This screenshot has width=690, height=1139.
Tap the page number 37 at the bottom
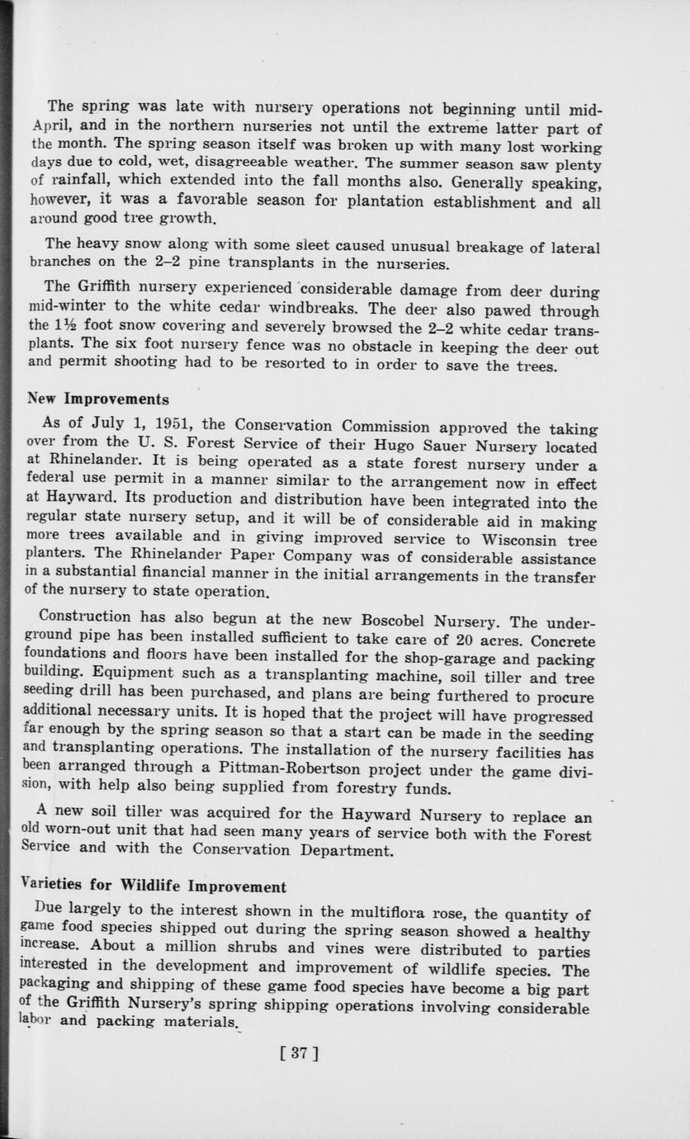coord(299,1052)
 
